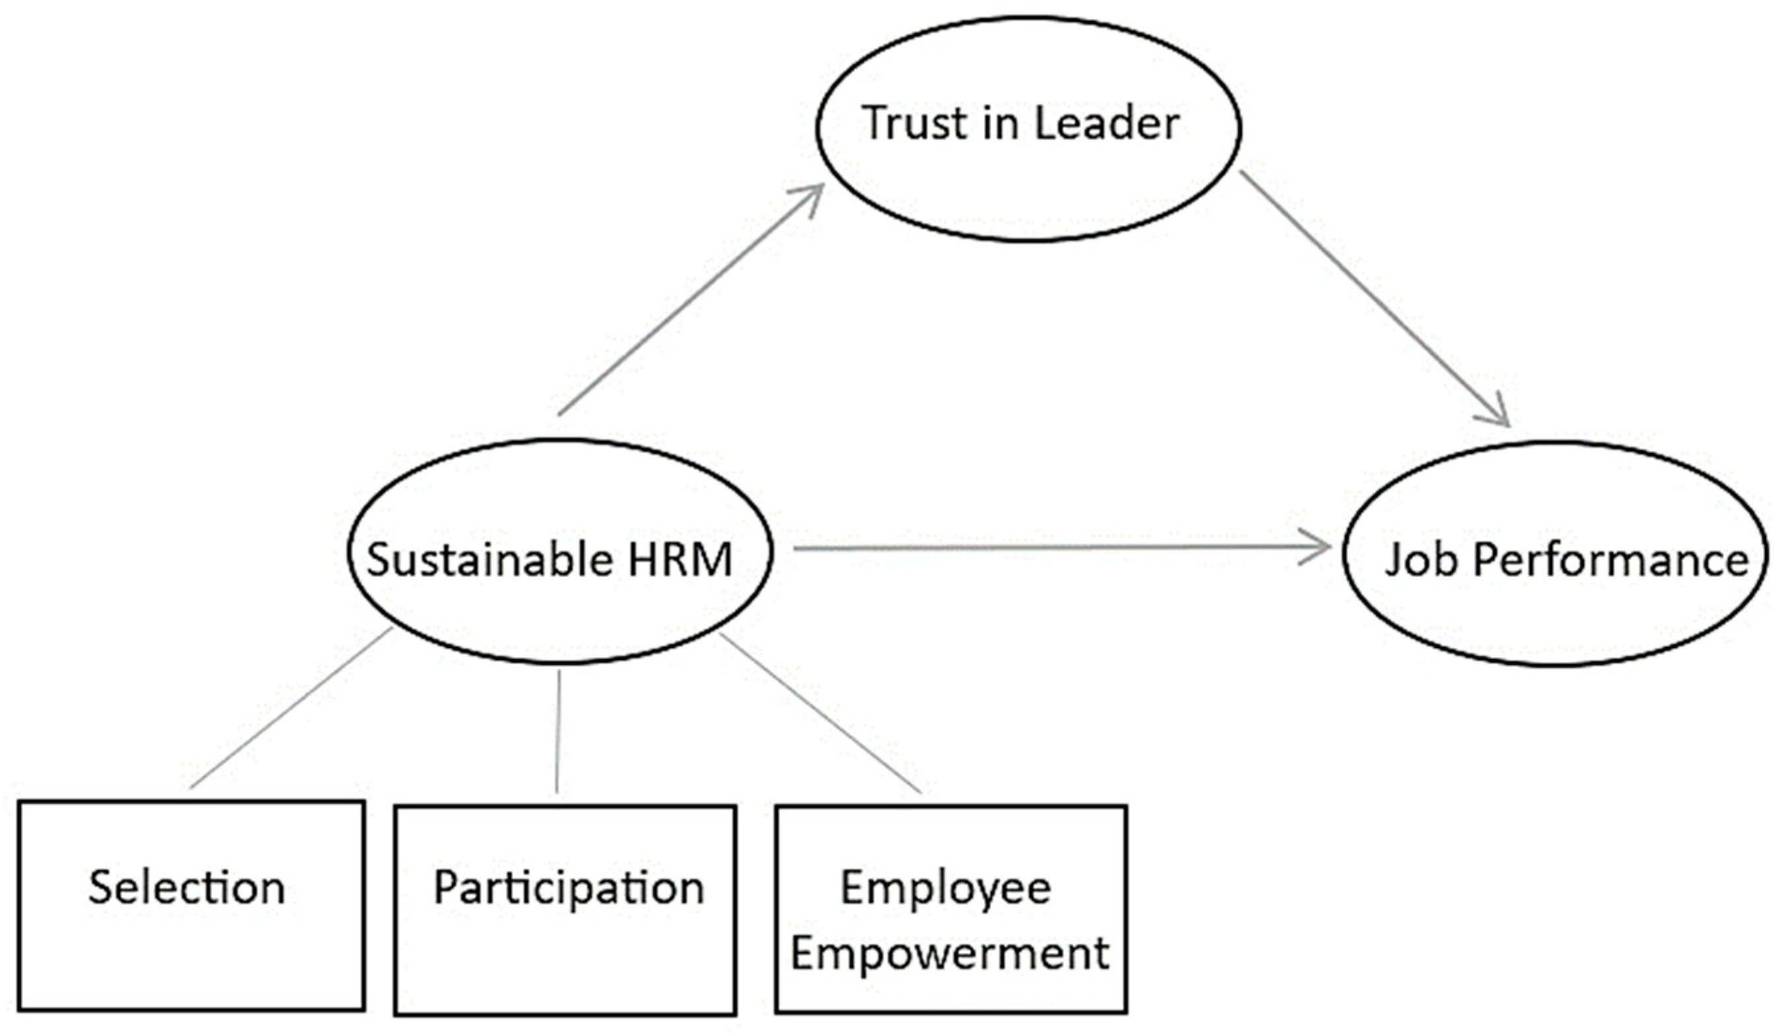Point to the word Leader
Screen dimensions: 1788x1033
coord(1106,123)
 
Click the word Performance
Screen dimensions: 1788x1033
coord(1610,560)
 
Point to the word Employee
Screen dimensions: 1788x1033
coord(945,889)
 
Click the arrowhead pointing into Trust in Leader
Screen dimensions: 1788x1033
coord(813,193)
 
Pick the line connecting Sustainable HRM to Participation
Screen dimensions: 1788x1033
coord(558,731)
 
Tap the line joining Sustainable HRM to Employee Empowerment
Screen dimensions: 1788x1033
coord(820,712)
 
